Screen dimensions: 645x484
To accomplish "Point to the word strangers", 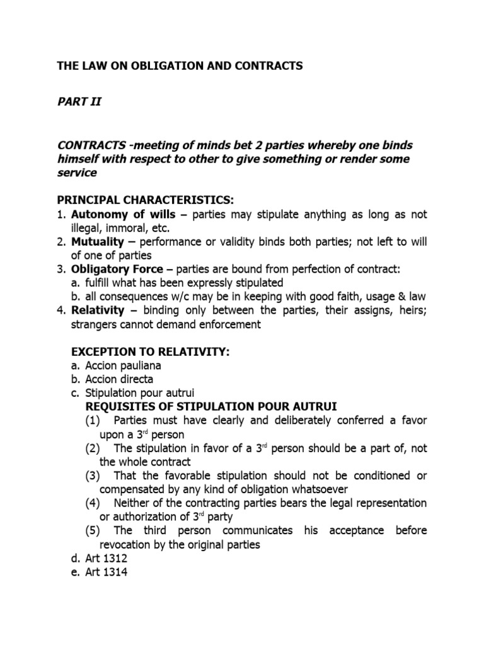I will tap(98, 325).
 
